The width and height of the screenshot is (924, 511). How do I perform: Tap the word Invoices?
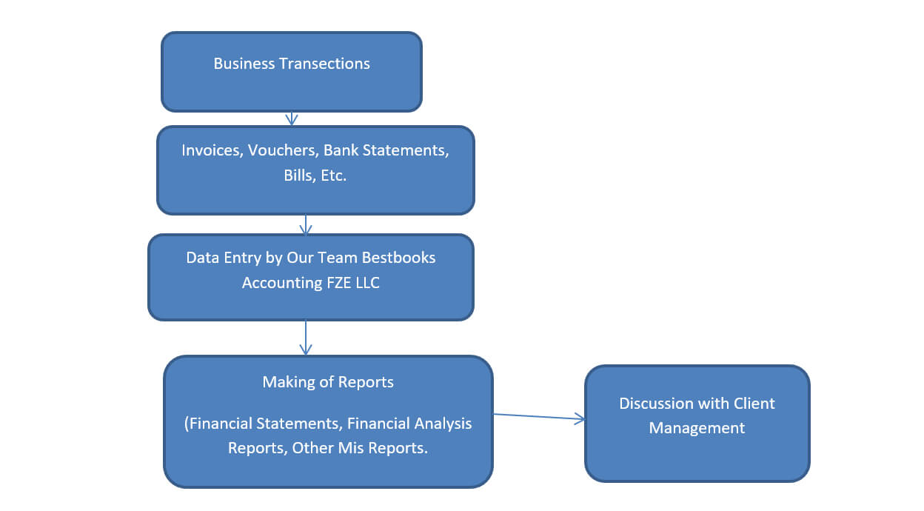click(212, 150)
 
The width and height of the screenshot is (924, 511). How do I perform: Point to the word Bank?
click(341, 150)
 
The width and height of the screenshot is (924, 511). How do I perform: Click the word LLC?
click(366, 283)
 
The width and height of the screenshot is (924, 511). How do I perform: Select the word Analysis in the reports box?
click(438, 424)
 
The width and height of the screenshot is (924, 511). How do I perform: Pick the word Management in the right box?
click(697, 428)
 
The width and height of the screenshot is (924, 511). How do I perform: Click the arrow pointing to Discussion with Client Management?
click(539, 417)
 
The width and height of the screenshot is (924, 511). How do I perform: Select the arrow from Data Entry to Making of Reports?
click(306, 338)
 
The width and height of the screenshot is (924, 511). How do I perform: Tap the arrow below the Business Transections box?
click(292, 118)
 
